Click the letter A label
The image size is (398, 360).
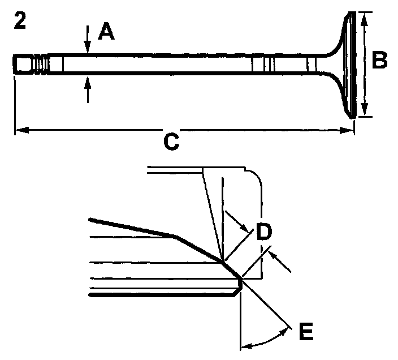coord(106,32)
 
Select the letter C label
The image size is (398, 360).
coord(171,143)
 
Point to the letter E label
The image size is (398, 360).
coord(305,333)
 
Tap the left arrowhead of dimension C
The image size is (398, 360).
coord(18,131)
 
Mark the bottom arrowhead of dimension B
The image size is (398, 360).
coord(365,112)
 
